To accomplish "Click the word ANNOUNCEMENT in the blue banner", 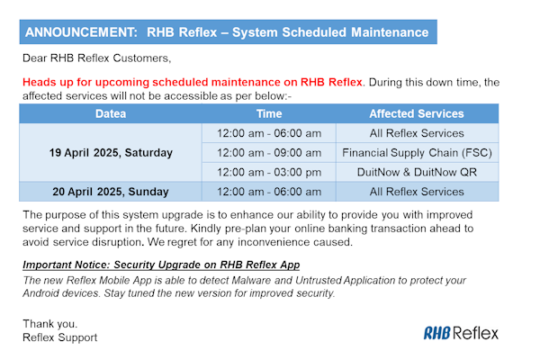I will coord(77,32).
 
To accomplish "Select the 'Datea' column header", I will coord(111,114).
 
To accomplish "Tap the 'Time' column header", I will coord(269,114).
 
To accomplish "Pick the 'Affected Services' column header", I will coord(417,114).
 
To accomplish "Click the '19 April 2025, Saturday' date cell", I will coord(111,153).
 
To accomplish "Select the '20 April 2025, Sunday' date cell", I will coord(111,192).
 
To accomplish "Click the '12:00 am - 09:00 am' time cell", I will coord(269,153).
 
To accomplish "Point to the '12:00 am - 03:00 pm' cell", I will coord(269,172).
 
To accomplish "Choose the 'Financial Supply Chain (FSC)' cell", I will coord(417,153).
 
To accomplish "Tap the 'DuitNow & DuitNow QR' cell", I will coord(417,172).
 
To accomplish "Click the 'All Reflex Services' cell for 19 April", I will coord(417,133).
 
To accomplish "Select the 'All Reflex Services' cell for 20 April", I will coord(417,192).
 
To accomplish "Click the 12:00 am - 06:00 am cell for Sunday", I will coord(269,192).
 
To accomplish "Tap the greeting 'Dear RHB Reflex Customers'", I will coord(96,59).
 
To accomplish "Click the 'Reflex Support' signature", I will coord(59,337).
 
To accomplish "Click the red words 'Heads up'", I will coord(51,82).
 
